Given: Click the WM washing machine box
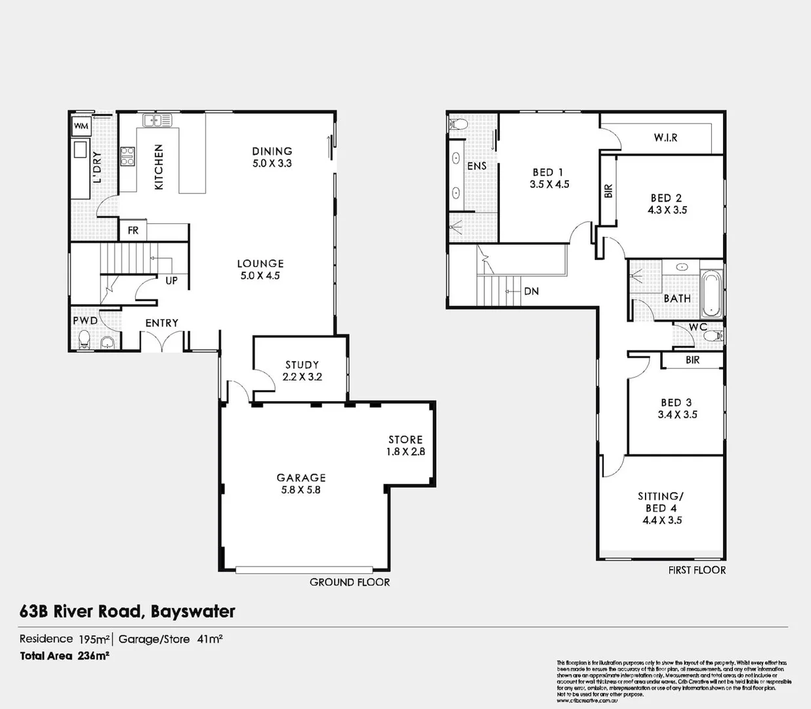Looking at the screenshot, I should (81, 126).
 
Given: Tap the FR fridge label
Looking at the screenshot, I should (133, 230).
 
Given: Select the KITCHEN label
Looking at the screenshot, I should (159, 167).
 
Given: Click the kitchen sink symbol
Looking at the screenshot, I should (157, 120).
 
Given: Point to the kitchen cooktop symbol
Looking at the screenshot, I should (127, 156).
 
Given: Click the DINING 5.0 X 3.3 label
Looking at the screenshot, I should (272, 157).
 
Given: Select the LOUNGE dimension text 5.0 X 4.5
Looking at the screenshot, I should (260, 276).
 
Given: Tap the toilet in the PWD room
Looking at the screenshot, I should (83, 341).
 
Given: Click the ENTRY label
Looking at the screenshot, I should (161, 323).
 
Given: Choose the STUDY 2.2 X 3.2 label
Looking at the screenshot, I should (302, 370).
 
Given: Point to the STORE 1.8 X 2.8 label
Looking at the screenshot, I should (405, 445).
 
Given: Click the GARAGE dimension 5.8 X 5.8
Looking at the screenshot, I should (301, 490).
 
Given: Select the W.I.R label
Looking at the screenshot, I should (665, 137).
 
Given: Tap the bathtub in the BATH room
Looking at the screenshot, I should (711, 293).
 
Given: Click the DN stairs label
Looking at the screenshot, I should (531, 291).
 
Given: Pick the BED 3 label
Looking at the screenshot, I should (676, 402).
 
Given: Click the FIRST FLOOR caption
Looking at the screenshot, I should (697, 570).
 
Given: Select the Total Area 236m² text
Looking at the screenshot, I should (64, 655).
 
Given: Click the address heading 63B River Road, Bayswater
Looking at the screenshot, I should (127, 611).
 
